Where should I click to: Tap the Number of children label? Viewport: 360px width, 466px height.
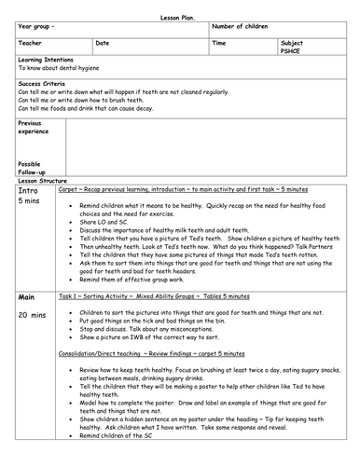coord(247,19)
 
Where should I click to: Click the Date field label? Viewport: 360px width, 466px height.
coord(103,43)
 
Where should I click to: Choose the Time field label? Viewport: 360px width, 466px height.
coord(219,43)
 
